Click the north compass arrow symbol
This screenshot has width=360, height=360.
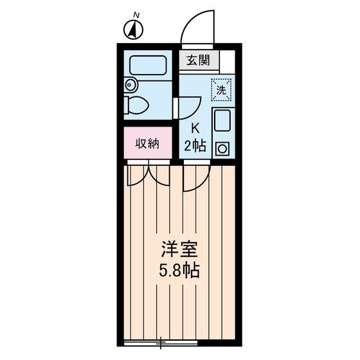[x=133, y=29]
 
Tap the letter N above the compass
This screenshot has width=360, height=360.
[x=135, y=14]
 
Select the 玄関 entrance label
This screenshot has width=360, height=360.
[x=199, y=61]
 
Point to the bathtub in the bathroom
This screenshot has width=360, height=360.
[x=148, y=65]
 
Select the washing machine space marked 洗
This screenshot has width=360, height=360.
[x=221, y=91]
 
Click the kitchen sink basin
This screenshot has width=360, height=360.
[x=222, y=122]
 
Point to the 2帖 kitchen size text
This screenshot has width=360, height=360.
[x=195, y=146]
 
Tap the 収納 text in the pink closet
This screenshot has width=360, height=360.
[x=147, y=143]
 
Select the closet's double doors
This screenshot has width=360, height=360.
[x=148, y=174]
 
